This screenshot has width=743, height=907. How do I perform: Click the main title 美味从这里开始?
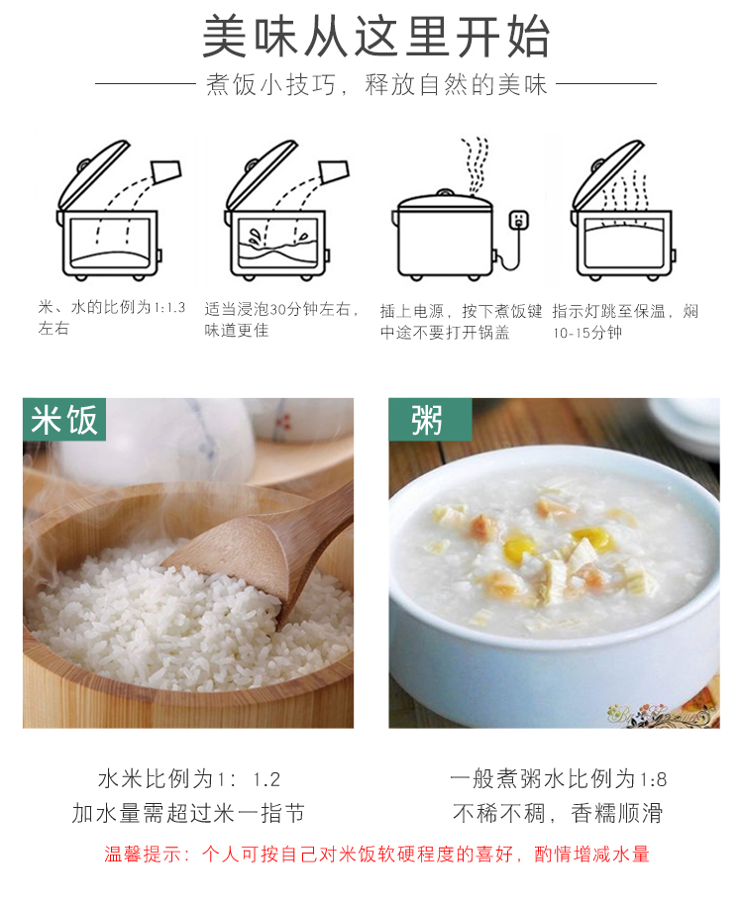pos(376,37)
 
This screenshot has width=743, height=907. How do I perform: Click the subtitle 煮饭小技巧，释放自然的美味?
pos(376,84)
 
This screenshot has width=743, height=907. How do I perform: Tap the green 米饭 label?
pos(64,420)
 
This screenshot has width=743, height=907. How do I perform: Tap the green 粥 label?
pos(430,420)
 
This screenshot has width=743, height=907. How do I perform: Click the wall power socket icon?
pos(518,221)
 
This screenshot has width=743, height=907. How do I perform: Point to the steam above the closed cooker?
pos(476,164)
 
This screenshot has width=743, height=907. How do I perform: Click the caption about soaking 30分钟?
pos(281,319)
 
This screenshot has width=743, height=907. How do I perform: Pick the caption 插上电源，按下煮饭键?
pos(462,312)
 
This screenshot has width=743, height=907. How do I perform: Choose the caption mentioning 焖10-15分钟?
pos(625,322)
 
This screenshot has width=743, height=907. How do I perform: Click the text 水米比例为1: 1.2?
pos(189,779)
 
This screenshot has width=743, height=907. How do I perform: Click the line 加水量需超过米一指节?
pos(188,813)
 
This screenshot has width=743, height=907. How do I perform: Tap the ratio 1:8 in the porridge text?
pos(653,779)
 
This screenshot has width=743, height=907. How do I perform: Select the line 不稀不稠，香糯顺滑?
pos(558,813)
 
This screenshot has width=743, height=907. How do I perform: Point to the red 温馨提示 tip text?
pos(376,854)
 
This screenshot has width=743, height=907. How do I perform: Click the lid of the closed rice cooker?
pos(445,200)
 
